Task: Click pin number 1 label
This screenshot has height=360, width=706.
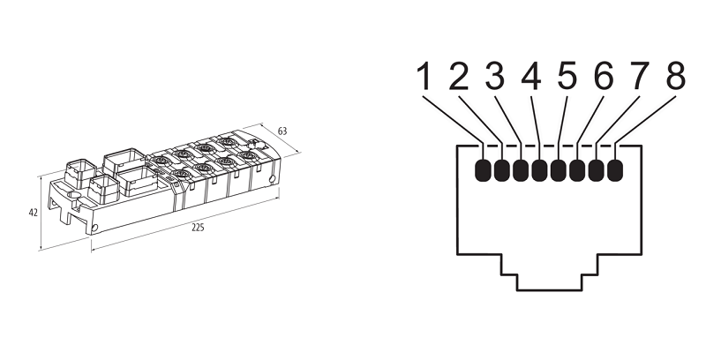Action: tap(424, 77)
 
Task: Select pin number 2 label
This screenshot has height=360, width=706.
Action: tap(459, 77)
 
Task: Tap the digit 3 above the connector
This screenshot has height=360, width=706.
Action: tap(495, 77)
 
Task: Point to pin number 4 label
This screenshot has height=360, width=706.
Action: tap(531, 77)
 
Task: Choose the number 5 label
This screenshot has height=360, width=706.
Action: tap(567, 77)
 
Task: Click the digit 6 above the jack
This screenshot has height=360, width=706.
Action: tap(604, 77)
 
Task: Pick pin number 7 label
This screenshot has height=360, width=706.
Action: tap(639, 77)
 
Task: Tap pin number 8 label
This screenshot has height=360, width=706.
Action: tap(675, 77)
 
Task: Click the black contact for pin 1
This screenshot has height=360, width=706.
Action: tap(484, 170)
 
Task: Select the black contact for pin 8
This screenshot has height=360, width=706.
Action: tap(615, 170)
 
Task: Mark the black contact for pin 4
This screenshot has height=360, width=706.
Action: tap(540, 170)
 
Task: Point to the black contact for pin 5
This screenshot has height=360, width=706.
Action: tap(559, 170)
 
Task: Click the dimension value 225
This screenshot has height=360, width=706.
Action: tap(199, 229)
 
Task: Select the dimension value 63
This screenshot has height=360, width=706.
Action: tap(282, 131)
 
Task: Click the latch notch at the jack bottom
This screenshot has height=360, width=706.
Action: tap(549, 280)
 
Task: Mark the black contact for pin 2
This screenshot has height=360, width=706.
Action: tap(502, 170)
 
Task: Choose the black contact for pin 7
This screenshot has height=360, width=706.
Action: tap(597, 170)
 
